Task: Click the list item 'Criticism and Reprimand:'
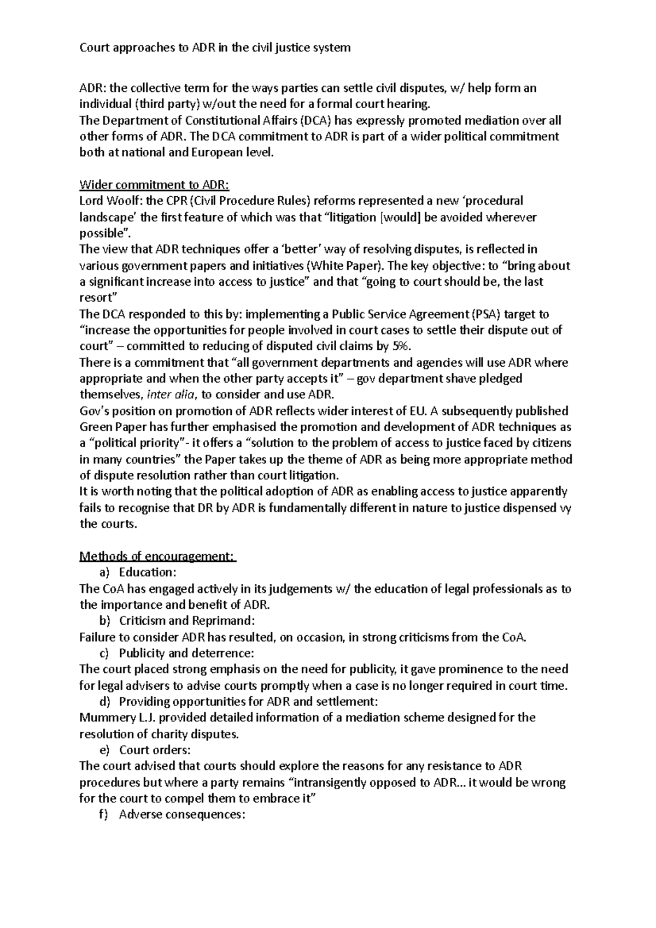186,621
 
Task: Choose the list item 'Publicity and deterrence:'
186,653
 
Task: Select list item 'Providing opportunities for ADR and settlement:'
248,701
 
